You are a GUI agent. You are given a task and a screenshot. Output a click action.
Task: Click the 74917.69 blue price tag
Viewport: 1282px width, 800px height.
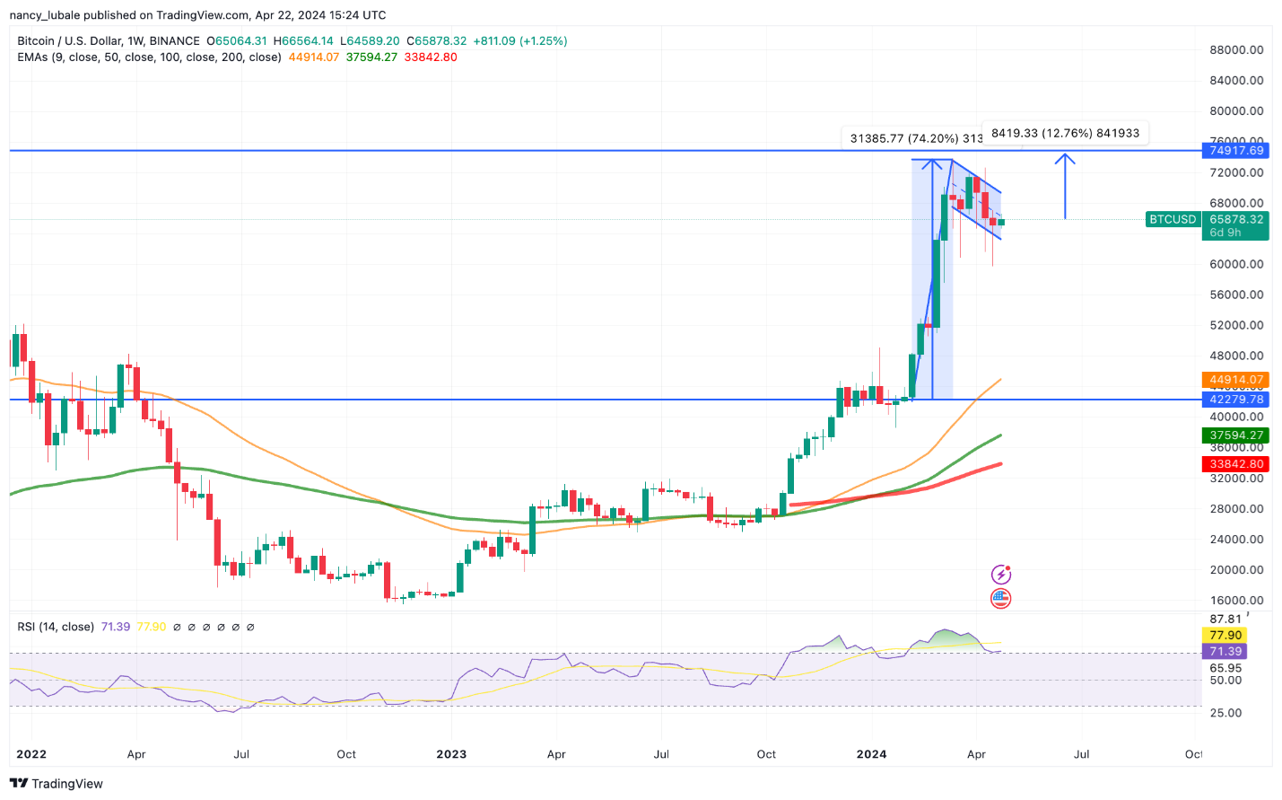[1236, 150]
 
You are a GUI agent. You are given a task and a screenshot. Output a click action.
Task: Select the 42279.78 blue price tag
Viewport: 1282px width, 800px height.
[1236, 400]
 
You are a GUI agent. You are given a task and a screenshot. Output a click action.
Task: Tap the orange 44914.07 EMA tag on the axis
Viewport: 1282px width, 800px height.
[1236, 380]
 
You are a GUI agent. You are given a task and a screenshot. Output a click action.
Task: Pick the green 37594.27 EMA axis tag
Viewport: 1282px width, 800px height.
[1236, 435]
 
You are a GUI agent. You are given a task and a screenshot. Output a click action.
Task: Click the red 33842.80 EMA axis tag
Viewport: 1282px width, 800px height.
[1236, 464]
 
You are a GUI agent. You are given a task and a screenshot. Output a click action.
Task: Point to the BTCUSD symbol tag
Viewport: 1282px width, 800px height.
[1173, 219]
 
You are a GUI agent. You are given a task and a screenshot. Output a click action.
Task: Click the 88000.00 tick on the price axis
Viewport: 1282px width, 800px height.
[1236, 50]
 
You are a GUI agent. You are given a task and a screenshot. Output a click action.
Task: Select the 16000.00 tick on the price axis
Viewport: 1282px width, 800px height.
[1236, 601]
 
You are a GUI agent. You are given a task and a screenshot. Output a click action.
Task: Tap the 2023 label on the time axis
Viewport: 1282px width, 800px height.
[451, 754]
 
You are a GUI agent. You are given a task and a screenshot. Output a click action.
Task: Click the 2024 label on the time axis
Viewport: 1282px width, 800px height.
[871, 754]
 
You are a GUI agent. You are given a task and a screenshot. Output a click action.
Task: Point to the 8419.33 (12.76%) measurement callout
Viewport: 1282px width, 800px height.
[1065, 133]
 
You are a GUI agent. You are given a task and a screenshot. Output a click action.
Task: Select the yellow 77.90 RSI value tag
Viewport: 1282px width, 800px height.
[1225, 635]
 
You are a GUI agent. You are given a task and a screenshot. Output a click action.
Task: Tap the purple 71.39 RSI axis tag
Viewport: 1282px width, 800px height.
[1225, 651]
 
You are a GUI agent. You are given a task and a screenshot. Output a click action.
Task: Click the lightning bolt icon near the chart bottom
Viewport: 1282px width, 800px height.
[1000, 575]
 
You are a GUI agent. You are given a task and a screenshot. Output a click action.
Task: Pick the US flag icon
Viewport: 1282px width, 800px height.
[1000, 598]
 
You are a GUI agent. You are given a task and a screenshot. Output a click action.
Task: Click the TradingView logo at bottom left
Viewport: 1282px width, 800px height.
[57, 784]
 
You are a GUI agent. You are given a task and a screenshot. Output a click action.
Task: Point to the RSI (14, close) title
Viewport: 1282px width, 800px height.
[56, 627]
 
